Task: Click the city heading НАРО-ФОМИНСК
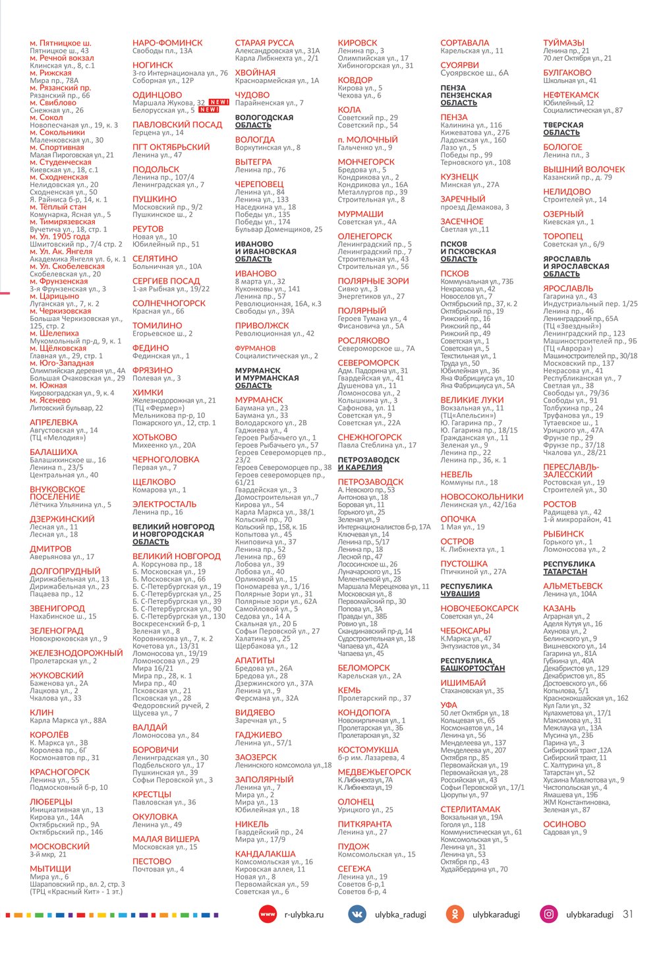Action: click(167, 43)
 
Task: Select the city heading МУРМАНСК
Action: click(259, 400)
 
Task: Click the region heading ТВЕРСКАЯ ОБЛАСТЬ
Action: click(563, 129)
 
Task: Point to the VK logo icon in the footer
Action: click(357, 914)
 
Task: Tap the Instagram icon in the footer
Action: click(548, 914)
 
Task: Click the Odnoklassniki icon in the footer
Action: click(454, 914)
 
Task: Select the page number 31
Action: click(628, 914)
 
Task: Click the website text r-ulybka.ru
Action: click(304, 914)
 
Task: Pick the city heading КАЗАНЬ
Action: click(559, 608)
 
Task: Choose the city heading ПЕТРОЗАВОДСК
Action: click(370, 482)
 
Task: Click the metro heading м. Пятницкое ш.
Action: click(61, 43)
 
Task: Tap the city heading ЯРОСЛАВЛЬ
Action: click(568, 288)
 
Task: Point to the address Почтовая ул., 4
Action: click(158, 869)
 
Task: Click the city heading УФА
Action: click(449, 705)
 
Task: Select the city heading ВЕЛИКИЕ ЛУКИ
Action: click(472, 400)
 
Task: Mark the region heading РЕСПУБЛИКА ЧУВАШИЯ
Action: click(466, 590)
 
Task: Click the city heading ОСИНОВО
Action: click(564, 824)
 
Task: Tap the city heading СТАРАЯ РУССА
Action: click(264, 43)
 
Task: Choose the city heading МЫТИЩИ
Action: click(50, 869)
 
